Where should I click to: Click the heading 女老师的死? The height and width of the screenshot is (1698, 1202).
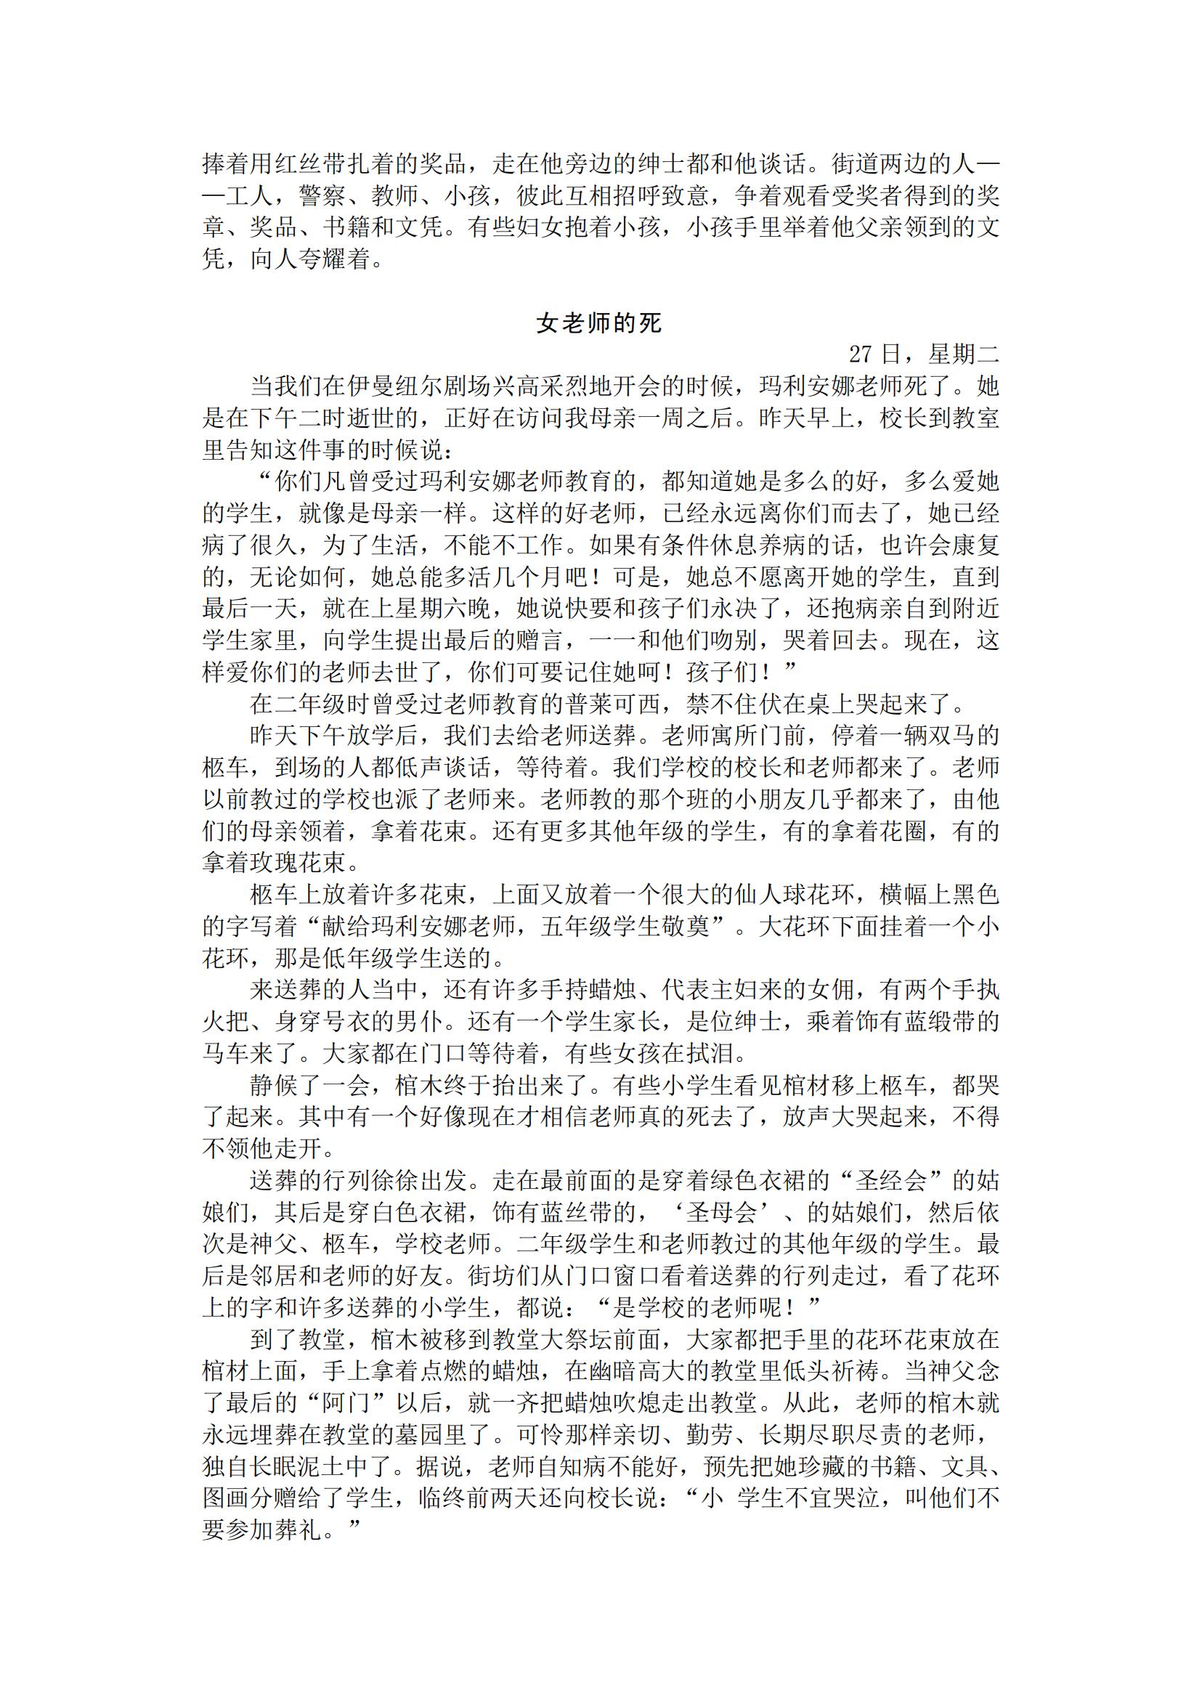[599, 323]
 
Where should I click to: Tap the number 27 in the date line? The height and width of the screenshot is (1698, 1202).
[861, 354]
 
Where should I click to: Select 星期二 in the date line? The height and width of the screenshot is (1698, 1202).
[964, 354]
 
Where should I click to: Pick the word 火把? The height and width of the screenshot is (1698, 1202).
[226, 1021]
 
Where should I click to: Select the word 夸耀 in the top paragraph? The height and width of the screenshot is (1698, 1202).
[322, 259]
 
